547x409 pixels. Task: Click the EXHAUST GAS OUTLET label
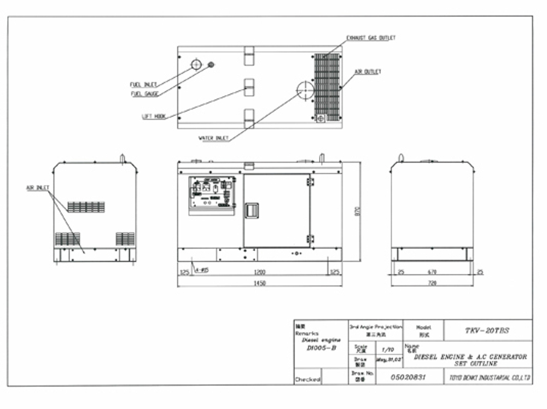point(371,38)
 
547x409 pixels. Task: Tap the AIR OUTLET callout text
point(368,72)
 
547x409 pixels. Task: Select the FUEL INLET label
point(143,85)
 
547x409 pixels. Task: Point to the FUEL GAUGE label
point(144,94)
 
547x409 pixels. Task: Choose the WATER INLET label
point(213,138)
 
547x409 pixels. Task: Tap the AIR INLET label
point(38,188)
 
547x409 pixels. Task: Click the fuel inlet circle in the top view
point(196,65)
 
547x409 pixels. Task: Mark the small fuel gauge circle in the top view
point(211,65)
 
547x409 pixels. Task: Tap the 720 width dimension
point(432,283)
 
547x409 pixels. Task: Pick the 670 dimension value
point(432,271)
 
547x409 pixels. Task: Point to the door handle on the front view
point(252,211)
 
